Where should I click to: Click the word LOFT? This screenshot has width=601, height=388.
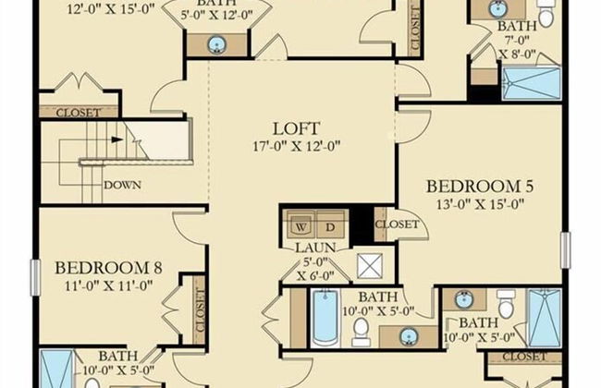(296, 128)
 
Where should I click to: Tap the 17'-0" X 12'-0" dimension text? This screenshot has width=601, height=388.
(296, 146)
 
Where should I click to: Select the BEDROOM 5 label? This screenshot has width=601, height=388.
(480, 187)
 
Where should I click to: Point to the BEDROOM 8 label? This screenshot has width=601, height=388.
(108, 268)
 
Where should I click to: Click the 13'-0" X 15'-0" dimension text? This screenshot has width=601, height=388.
(480, 204)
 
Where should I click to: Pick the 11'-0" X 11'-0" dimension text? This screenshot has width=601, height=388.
(108, 285)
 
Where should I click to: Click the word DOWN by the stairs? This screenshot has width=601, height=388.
(123, 185)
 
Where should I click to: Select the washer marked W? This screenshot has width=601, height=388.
(301, 226)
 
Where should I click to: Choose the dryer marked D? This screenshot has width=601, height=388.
(330, 226)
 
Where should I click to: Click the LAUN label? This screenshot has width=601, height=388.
(315, 248)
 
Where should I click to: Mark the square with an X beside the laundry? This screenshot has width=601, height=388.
(370, 265)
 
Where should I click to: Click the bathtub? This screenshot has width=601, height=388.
(325, 317)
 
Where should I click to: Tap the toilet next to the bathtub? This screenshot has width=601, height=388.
(361, 332)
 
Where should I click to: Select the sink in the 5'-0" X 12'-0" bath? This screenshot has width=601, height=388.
(217, 45)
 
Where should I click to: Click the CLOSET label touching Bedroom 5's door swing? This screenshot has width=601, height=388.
(397, 224)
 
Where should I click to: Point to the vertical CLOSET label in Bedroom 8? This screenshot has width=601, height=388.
(200, 310)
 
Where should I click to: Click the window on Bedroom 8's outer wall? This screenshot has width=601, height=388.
(35, 277)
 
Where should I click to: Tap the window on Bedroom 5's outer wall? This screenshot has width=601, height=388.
(565, 249)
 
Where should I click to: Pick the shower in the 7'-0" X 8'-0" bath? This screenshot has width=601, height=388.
(532, 83)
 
